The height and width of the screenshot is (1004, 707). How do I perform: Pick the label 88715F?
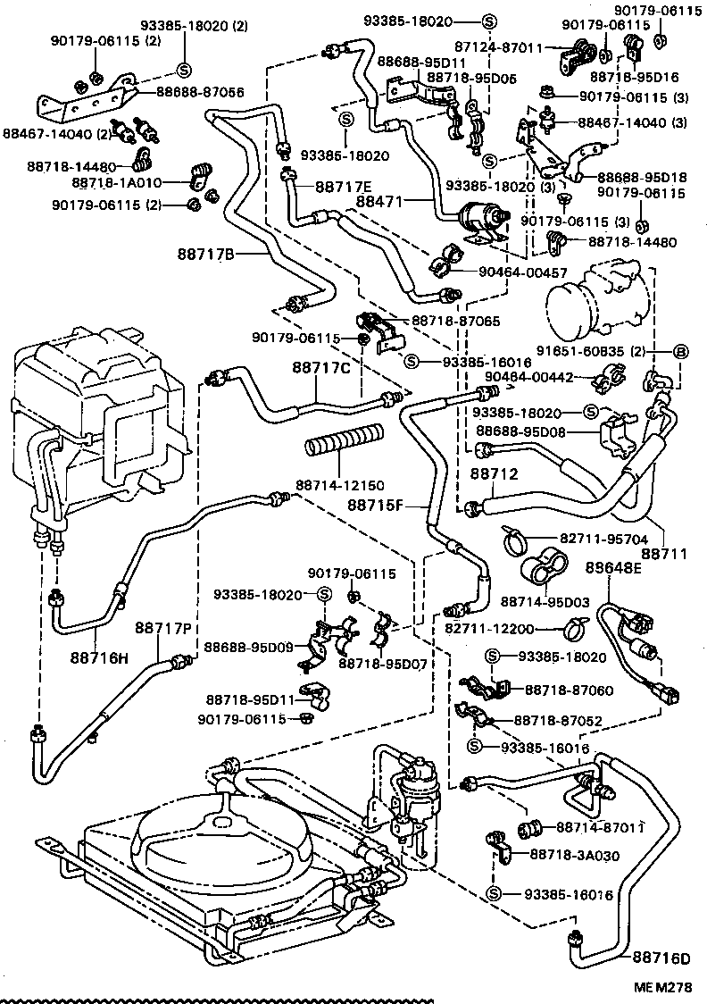(376, 506)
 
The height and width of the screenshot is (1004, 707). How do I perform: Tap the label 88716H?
(100, 658)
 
